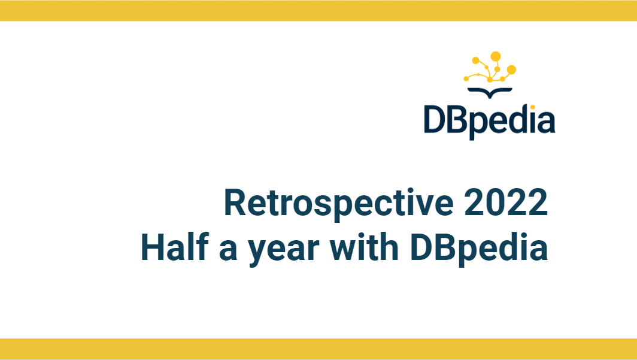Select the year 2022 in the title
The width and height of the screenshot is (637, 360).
506,202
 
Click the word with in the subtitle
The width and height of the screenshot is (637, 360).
363,247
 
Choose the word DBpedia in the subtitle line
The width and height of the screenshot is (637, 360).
479,249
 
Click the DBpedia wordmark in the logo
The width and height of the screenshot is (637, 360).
490,121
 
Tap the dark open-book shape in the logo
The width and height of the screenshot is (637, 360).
490,92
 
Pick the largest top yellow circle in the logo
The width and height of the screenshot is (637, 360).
496,56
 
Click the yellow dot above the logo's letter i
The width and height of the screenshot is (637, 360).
533,107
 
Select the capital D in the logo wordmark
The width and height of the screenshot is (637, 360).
435,119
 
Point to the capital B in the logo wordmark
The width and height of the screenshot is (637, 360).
459,119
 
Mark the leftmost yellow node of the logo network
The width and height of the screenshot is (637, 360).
466,78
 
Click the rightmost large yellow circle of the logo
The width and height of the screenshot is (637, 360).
511,69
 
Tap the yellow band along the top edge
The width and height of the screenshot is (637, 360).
318,11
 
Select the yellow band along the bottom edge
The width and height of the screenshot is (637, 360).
318,349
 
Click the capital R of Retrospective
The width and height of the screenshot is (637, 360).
235,202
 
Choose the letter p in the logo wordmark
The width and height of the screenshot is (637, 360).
480,125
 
